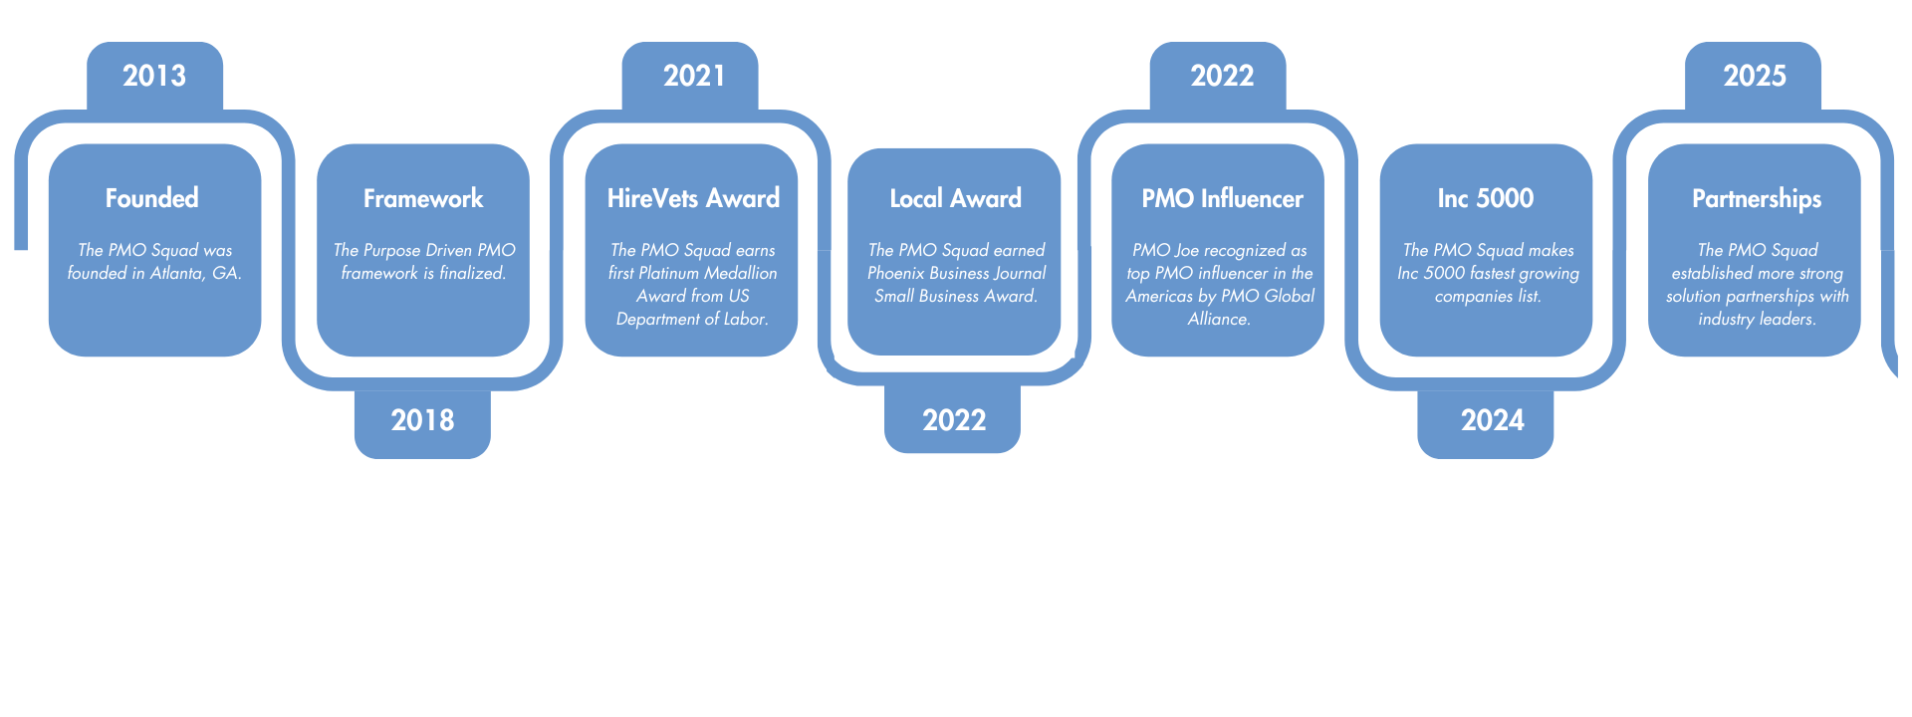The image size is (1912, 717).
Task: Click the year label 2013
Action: [154, 76]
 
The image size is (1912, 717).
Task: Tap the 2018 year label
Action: [422, 420]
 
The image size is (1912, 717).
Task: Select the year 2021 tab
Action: [694, 76]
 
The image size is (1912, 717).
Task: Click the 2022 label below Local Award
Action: [954, 420]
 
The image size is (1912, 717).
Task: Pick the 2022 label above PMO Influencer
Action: [1222, 76]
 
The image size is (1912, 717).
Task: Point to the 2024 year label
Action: [1492, 420]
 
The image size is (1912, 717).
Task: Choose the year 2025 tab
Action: [1755, 76]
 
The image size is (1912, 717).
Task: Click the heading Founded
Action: [152, 198]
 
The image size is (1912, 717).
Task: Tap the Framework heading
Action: [423, 199]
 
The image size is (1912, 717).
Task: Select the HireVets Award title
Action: [693, 199]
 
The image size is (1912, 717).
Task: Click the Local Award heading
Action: [955, 199]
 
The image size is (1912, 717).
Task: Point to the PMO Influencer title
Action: [1222, 199]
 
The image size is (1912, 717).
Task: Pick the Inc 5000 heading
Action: [1485, 199]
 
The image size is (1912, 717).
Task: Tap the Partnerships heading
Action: [1757, 199]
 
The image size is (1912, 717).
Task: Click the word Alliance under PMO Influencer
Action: [1218, 319]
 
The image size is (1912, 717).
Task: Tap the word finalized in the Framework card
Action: [472, 273]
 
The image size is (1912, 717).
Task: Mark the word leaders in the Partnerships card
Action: [1787, 319]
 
